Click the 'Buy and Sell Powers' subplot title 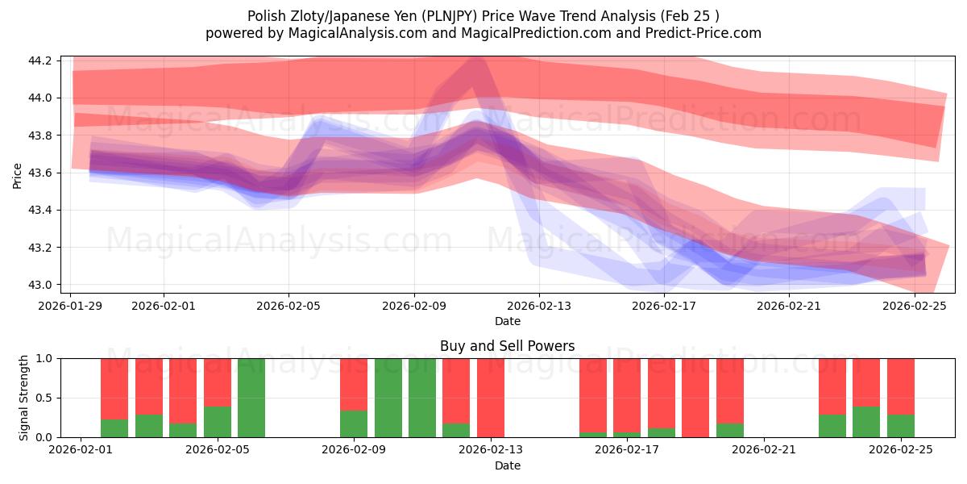click(x=507, y=346)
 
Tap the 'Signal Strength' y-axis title click(x=24, y=397)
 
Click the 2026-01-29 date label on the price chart click(x=71, y=306)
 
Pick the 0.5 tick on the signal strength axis click(x=44, y=398)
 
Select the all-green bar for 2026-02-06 click(x=251, y=398)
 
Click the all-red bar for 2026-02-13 click(x=491, y=398)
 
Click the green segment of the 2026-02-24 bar click(x=866, y=422)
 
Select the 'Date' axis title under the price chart click(x=507, y=321)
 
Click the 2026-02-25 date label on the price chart click(x=915, y=306)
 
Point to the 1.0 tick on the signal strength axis click(x=44, y=358)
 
